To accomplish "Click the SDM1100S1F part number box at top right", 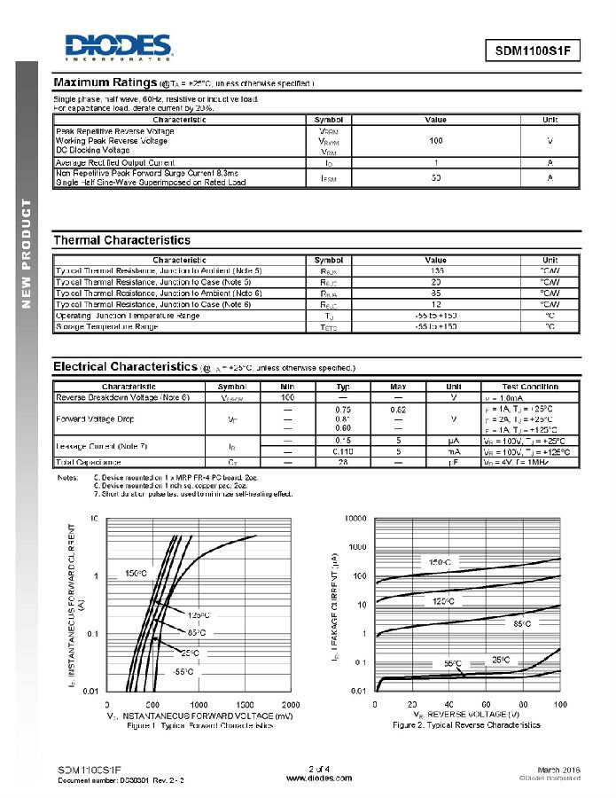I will (532, 51).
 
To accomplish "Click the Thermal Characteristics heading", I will (121, 240).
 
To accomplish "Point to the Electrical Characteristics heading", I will (125, 366).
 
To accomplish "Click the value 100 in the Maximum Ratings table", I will (435, 141).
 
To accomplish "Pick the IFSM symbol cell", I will (328, 178).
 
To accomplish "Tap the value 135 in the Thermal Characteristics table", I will (435, 270).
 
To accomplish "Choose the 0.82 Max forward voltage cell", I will (398, 409).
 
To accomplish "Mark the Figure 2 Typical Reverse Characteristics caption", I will (466, 725).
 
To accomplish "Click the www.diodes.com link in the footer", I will (319, 778).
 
